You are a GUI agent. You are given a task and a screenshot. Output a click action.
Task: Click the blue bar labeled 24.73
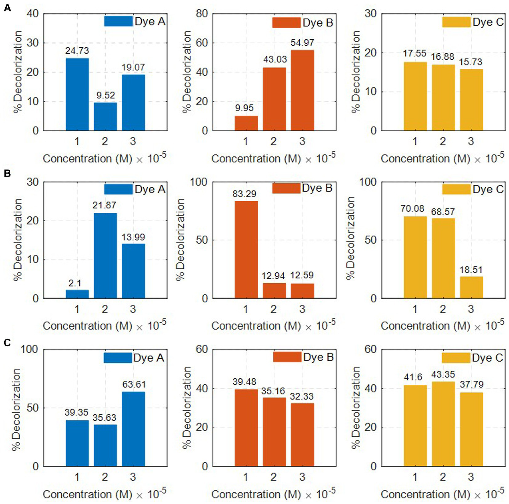pyautogui.click(x=77, y=94)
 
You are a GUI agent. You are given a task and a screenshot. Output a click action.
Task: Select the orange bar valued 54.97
pyautogui.click(x=302, y=90)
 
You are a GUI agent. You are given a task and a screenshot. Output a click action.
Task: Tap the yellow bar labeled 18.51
pyautogui.click(x=471, y=287)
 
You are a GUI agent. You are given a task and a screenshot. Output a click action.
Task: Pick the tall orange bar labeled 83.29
pyautogui.click(x=246, y=250)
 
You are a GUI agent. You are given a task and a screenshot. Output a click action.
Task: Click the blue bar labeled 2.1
pyautogui.click(x=77, y=294)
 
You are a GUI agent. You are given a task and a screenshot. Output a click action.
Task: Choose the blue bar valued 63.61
pyautogui.click(x=133, y=429)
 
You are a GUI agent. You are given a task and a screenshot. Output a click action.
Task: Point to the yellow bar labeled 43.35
pyautogui.click(x=443, y=424)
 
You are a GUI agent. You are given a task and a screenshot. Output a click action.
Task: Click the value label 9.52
pyautogui.click(x=105, y=95)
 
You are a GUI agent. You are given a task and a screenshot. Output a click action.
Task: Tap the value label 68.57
pyautogui.click(x=443, y=212)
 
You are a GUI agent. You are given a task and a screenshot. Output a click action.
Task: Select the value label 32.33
pyautogui.click(x=301, y=396)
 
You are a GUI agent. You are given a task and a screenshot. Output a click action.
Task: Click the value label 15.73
pyautogui.click(x=470, y=62)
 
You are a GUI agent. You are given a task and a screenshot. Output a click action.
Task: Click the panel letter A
pyautogui.click(x=7, y=7)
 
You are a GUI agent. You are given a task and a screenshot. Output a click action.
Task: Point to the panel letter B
pyautogui.click(x=7, y=174)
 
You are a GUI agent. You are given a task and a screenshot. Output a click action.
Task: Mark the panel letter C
pyautogui.click(x=7, y=343)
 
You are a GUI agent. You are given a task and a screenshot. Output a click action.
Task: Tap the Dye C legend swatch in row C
pyautogui.click(x=456, y=358)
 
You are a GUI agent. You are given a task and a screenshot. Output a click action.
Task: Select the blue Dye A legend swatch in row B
pyautogui.click(x=118, y=189)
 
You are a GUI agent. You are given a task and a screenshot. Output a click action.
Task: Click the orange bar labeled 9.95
pyautogui.click(x=246, y=123)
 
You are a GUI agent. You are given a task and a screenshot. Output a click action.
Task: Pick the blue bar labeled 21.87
pyautogui.click(x=105, y=255)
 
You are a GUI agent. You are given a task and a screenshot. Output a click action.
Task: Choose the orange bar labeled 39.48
pyautogui.click(x=246, y=427)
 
